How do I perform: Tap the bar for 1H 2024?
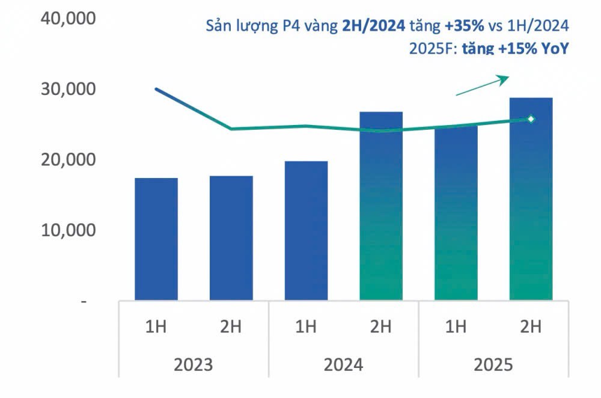[306, 231]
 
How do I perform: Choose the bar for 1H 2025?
[456, 213]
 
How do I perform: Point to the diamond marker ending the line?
[531, 119]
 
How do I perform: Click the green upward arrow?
[483, 85]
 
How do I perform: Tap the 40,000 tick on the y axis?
[68, 19]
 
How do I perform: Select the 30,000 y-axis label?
[68, 90]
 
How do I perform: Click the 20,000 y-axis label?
[68, 160]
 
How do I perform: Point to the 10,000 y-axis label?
[68, 230]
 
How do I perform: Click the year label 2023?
[193, 365]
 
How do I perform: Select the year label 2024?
[343, 365]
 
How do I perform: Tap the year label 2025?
[493, 365]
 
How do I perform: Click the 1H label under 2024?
[306, 327]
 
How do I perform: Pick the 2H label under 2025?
[531, 327]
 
